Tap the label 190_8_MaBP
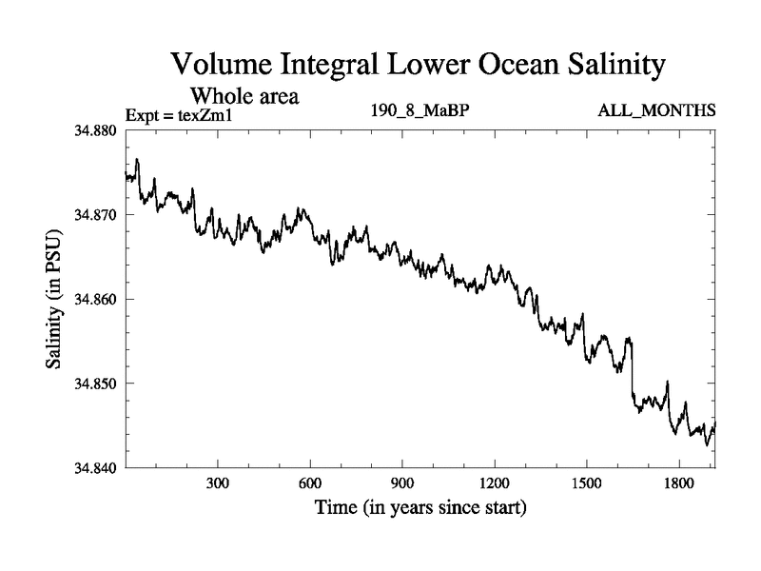tap(420, 111)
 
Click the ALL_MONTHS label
tap(656, 111)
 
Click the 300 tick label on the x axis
tap(218, 484)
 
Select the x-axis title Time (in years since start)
tap(420, 509)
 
